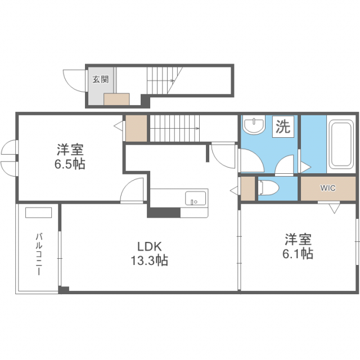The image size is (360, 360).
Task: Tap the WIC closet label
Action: (x=328, y=188)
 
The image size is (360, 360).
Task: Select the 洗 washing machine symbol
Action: (x=283, y=127)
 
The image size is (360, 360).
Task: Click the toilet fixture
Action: (x=268, y=187)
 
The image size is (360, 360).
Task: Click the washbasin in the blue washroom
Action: (x=255, y=125)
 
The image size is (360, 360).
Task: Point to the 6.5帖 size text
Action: (x=70, y=165)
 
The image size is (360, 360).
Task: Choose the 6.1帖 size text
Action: (x=298, y=254)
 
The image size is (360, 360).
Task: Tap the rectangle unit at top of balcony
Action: (x=38, y=213)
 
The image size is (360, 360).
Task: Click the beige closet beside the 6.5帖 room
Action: (x=136, y=129)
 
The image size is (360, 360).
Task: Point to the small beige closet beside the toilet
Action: (x=247, y=189)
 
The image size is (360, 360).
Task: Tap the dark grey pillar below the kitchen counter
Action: (x=164, y=213)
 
